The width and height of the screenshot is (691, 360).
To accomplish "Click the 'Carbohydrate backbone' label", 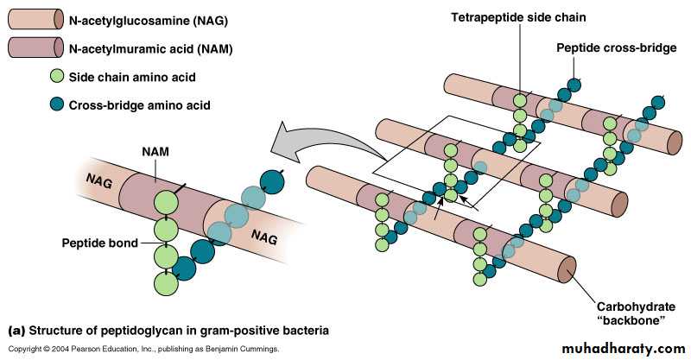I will [x=631, y=313].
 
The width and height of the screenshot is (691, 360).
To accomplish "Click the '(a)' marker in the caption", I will [x=16, y=330].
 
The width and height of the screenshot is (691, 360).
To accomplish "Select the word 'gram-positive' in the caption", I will [x=238, y=330].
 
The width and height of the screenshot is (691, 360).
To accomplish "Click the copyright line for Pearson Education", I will [x=143, y=349].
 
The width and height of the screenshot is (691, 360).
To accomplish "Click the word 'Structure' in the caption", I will [x=56, y=330].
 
